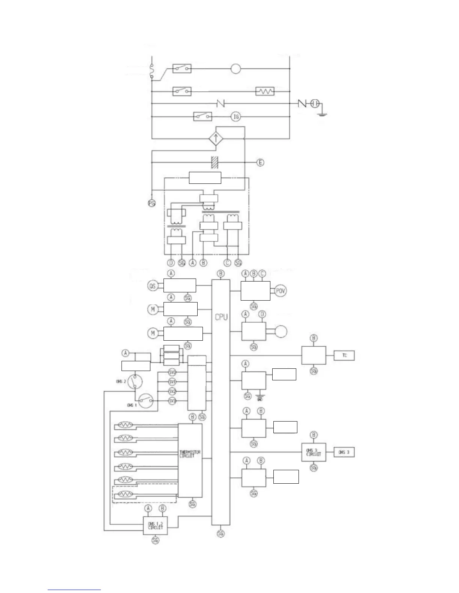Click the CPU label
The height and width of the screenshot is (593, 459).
point(221,317)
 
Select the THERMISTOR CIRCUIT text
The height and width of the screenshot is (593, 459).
point(190,454)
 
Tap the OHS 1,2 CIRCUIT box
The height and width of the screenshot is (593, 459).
point(155,525)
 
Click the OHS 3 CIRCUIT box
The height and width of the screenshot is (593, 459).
point(313,452)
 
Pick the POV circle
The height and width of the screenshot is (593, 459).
point(280,291)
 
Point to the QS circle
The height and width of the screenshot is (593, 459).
point(152,286)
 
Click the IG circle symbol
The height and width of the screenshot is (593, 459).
point(236,117)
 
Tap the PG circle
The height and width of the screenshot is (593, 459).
point(151,203)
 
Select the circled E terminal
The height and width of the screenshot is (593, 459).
point(260,162)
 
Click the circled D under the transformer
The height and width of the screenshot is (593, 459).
point(171,263)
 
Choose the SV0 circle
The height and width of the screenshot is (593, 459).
point(172,372)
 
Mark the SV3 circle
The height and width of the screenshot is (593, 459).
point(172,401)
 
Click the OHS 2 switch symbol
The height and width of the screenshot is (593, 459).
point(134,381)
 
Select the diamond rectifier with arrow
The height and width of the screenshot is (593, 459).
point(216,139)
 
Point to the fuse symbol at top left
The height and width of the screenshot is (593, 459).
point(151,72)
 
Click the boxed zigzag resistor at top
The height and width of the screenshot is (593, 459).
point(265,91)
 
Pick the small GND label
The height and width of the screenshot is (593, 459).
point(260,399)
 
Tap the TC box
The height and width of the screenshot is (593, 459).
point(344,356)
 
